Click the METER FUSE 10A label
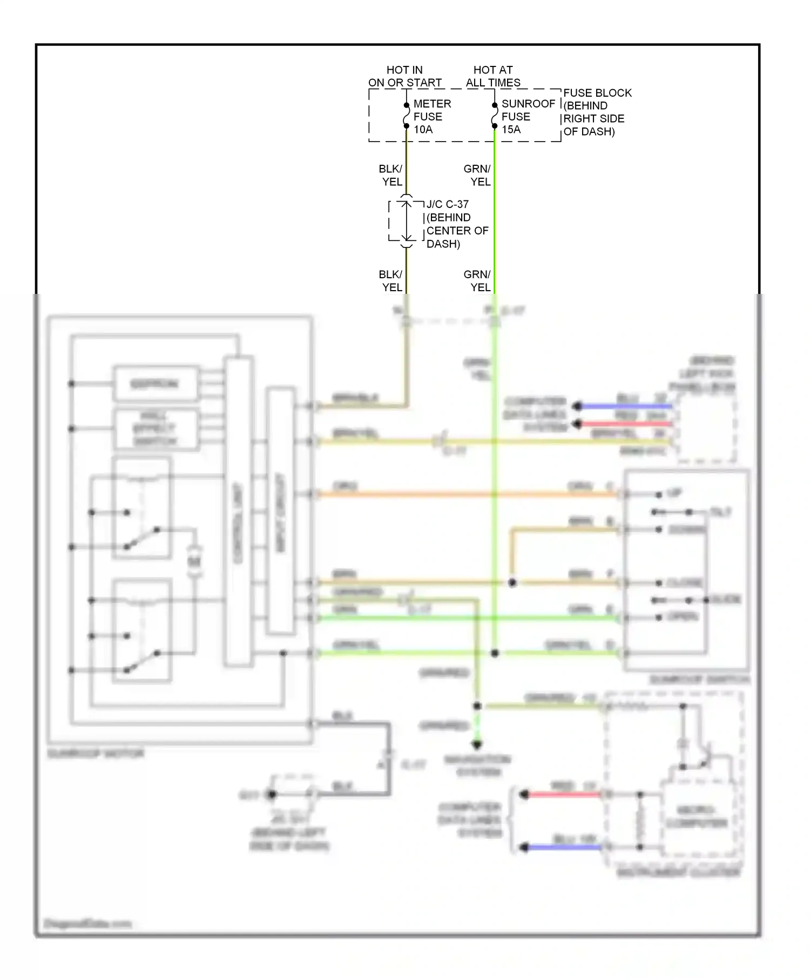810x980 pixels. (x=431, y=116)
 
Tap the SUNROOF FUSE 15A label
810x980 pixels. (x=527, y=116)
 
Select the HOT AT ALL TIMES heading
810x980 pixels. (x=493, y=76)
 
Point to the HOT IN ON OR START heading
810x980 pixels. (x=404, y=76)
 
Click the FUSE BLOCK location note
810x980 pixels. (x=597, y=112)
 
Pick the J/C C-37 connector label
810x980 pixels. (x=457, y=224)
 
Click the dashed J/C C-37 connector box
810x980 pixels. (x=406, y=221)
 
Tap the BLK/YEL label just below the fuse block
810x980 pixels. (x=391, y=175)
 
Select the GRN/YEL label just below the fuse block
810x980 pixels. (x=478, y=175)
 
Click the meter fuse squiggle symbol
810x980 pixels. (x=406, y=116)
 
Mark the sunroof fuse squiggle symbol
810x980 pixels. (x=494, y=116)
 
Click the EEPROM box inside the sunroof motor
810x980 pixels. (x=155, y=384)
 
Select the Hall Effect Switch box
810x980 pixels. (x=155, y=429)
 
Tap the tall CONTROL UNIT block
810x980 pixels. (x=238, y=511)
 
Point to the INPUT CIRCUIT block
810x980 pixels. (x=280, y=511)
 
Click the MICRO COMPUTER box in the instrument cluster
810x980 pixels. (x=697, y=816)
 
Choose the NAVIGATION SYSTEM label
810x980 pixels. (x=477, y=766)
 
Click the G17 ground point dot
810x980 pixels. (x=272, y=794)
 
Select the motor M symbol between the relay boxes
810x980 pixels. (x=194, y=562)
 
